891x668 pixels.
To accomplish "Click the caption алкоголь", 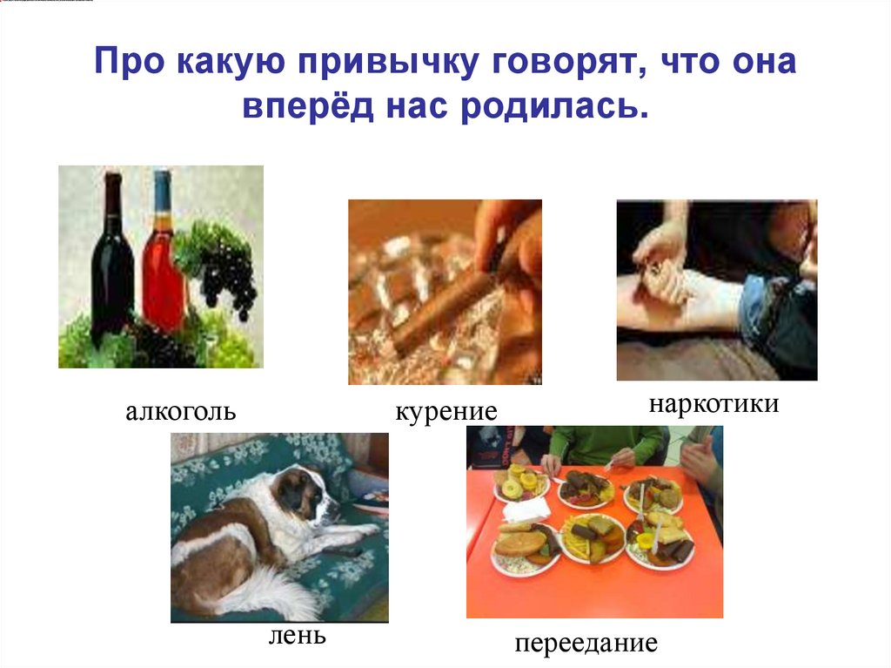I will point(180,411).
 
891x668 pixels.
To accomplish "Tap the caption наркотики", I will point(712,405).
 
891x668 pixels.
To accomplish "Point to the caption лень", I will point(298,636).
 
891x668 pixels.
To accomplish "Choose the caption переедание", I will point(585,644).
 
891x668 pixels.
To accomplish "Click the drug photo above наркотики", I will point(716,290).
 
